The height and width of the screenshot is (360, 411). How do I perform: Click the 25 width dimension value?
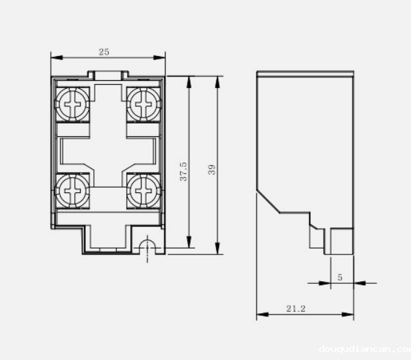[103, 51]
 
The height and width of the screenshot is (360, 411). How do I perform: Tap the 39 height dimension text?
[212, 170]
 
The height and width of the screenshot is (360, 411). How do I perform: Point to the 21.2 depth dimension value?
[296, 309]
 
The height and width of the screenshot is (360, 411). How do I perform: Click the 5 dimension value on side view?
[340, 277]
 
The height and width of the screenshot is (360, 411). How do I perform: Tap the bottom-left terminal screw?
[72, 190]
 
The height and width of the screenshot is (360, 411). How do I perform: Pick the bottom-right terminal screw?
[143, 190]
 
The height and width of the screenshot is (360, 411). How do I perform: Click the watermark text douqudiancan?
[364, 349]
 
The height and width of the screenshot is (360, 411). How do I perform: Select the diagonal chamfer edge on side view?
[268, 200]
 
